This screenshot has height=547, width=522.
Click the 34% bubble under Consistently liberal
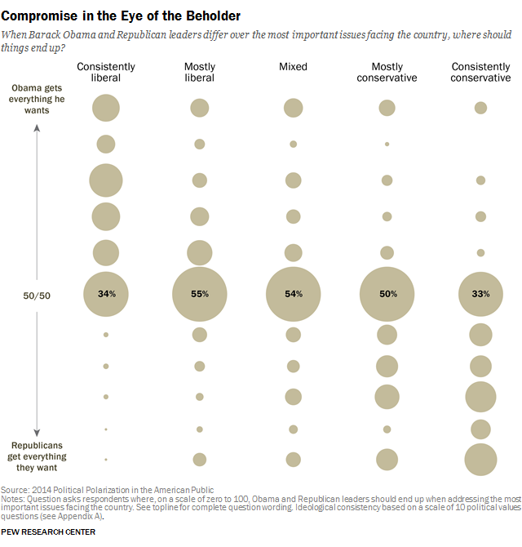(x=106, y=293)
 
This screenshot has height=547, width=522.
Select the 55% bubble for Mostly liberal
(x=200, y=293)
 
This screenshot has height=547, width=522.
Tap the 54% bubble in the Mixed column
(x=293, y=293)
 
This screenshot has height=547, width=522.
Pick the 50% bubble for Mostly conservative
(x=387, y=293)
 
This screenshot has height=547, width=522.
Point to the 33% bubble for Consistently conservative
(x=480, y=293)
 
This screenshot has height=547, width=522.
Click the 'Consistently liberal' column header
(x=106, y=72)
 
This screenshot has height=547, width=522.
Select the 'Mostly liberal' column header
(x=200, y=72)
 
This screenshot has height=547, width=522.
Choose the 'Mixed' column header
(x=293, y=66)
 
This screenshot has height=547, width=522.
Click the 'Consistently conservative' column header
(x=481, y=72)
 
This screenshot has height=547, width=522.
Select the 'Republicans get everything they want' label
(x=38, y=456)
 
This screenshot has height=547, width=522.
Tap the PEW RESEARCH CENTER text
(x=49, y=531)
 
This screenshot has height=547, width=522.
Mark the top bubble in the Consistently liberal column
(x=106, y=108)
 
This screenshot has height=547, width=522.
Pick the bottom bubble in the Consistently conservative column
(x=480, y=459)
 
